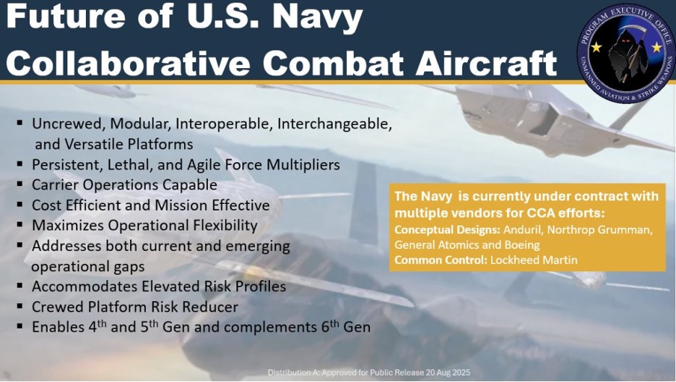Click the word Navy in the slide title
[x=318, y=18]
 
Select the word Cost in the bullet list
[x=45, y=205]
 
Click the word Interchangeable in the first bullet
[x=334, y=124]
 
